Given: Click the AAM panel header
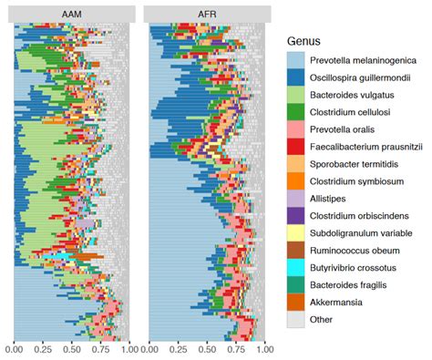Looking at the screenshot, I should point(72,14).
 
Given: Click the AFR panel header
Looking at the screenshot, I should point(207,14).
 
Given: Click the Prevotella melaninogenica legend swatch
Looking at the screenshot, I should point(295,60).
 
